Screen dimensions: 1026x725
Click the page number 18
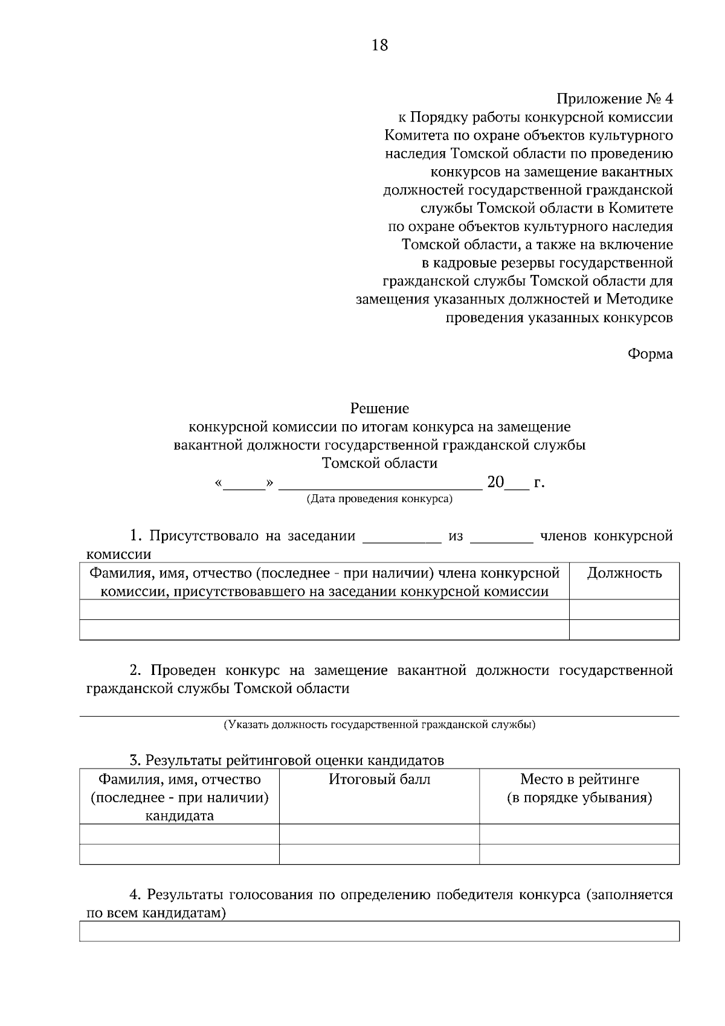click(x=379, y=45)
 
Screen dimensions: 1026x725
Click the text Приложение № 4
click(x=614, y=99)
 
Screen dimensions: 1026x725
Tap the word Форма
click(x=650, y=354)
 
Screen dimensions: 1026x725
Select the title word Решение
click(x=379, y=409)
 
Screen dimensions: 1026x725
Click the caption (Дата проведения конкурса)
click(x=379, y=499)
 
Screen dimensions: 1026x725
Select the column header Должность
click(x=624, y=573)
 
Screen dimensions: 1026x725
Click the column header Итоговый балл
click(x=379, y=779)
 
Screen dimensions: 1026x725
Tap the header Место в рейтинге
click(x=579, y=779)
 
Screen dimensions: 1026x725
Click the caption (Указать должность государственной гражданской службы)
click(x=379, y=724)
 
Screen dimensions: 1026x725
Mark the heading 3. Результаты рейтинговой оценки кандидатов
click(x=287, y=760)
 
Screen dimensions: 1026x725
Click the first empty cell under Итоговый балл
click(x=379, y=834)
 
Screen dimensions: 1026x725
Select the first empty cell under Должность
click(x=624, y=610)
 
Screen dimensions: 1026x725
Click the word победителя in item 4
click(x=475, y=895)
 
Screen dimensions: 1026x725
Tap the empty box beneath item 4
click(x=379, y=931)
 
